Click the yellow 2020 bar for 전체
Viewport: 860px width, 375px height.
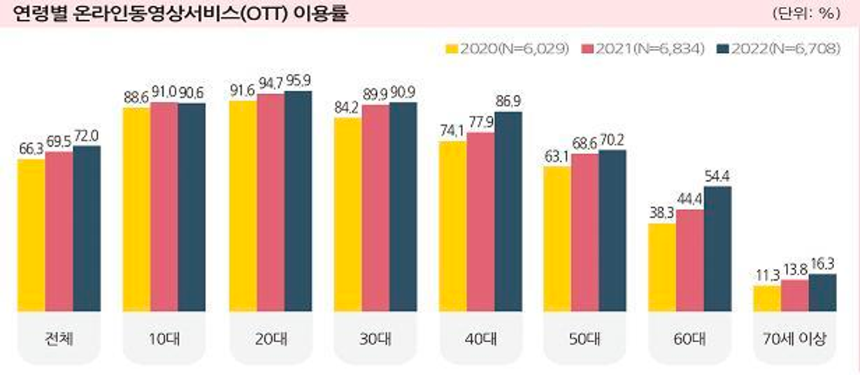click(31, 235)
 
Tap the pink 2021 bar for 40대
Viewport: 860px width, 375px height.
click(480, 222)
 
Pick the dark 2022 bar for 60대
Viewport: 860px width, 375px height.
click(717, 249)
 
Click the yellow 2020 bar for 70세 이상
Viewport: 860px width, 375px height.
click(767, 298)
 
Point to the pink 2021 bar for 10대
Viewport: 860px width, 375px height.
click(164, 207)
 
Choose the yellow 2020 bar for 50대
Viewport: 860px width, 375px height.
click(557, 239)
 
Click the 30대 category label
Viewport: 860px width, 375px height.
click(375, 339)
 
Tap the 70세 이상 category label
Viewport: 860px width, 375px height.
click(794, 339)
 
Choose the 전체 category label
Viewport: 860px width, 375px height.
click(59, 339)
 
